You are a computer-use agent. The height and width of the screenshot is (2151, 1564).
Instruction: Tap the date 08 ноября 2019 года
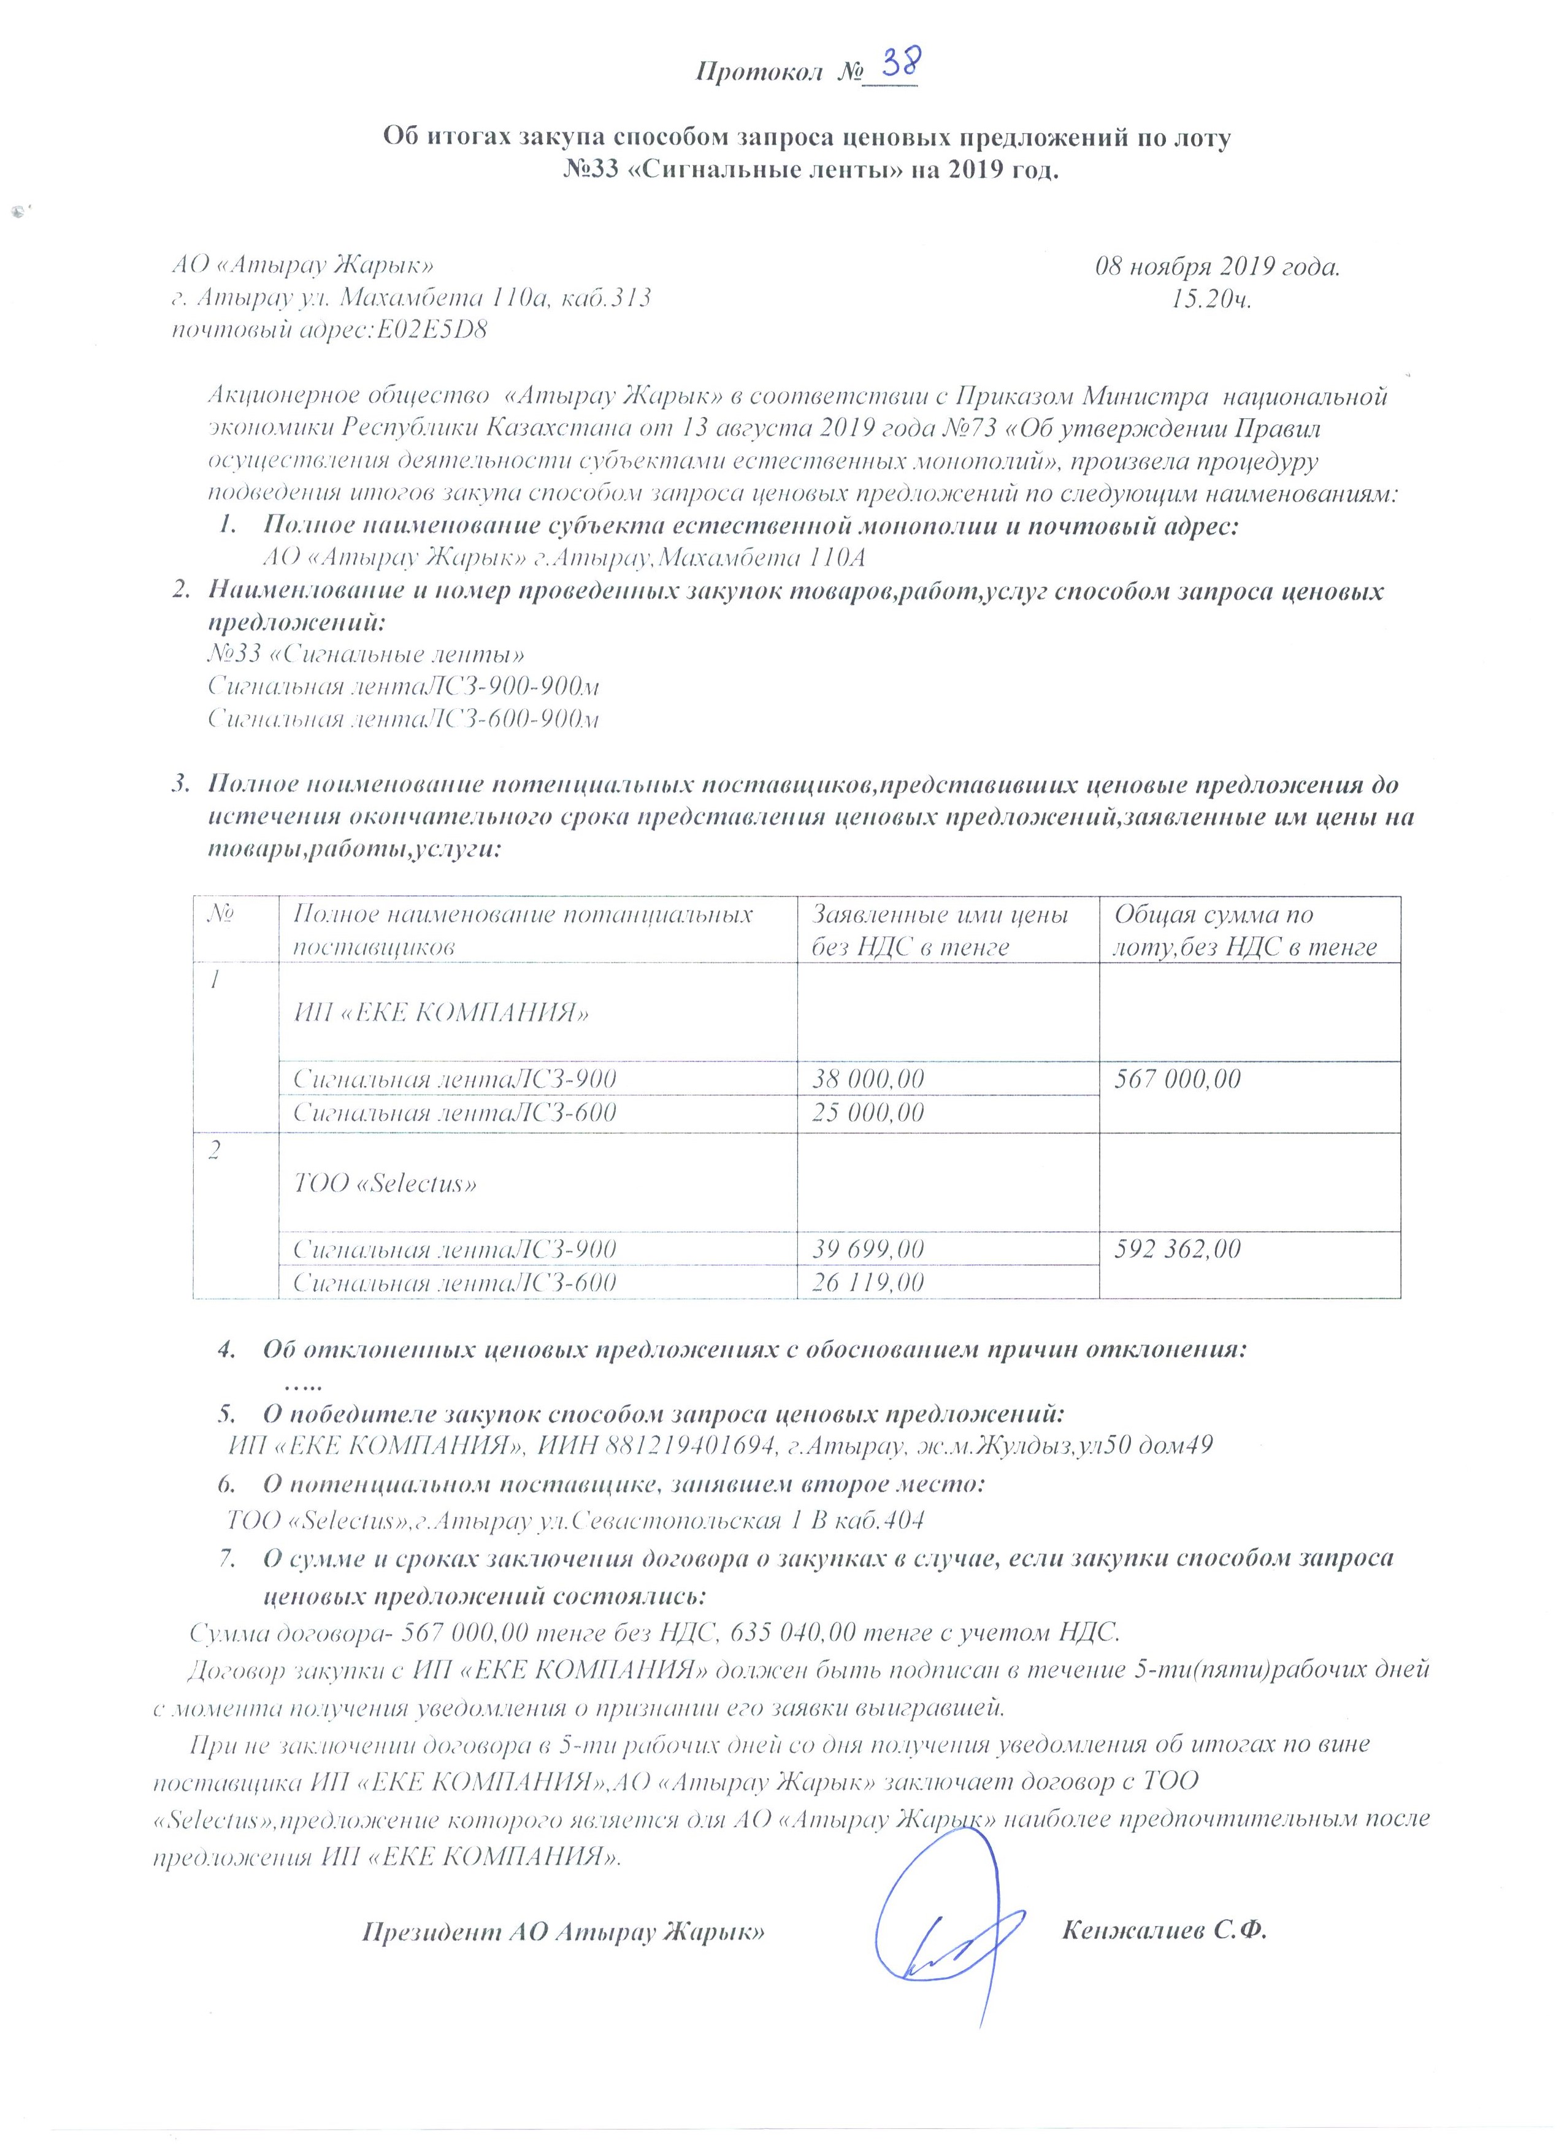click(x=1217, y=267)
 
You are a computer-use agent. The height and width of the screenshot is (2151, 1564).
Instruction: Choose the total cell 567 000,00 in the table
click(x=1176, y=1079)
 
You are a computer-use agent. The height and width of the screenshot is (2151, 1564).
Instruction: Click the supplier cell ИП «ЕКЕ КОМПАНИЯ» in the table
click(x=441, y=1013)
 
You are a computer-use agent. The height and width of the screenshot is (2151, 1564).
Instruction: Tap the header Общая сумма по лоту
click(x=1244, y=930)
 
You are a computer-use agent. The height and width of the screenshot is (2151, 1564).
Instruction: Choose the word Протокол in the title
click(x=758, y=72)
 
